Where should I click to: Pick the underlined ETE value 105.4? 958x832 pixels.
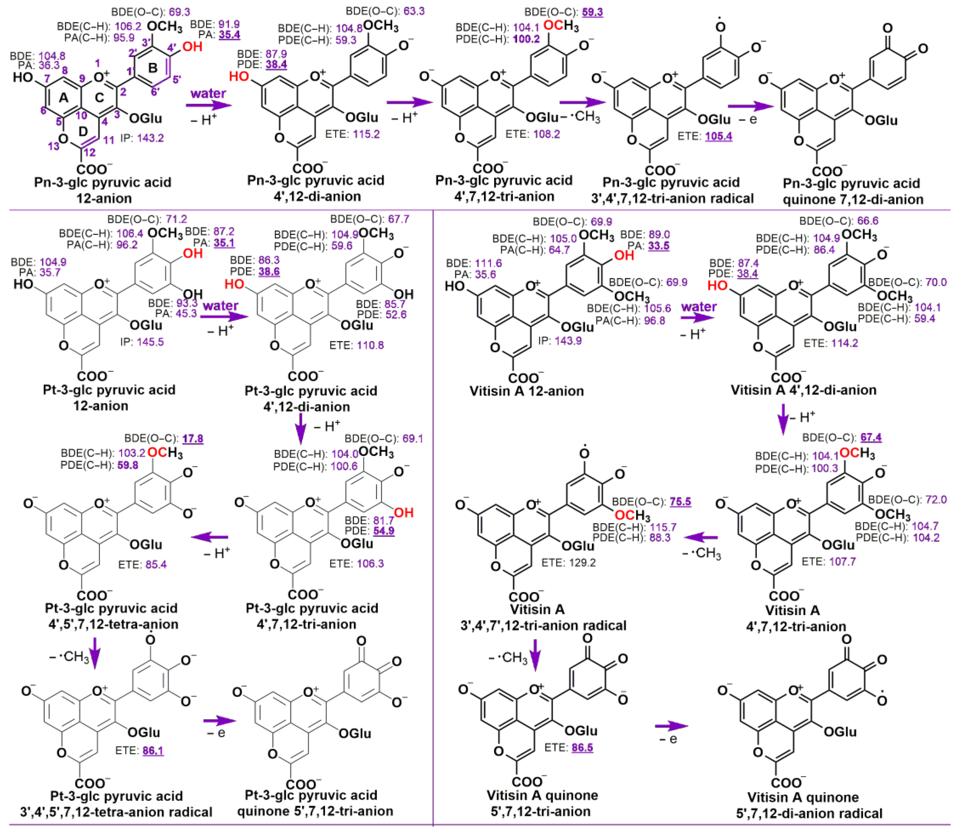point(718,136)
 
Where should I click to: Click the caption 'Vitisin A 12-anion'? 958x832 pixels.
point(526,391)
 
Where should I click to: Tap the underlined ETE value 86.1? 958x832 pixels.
point(153,751)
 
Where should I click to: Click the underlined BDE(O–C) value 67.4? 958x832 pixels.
point(871,437)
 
